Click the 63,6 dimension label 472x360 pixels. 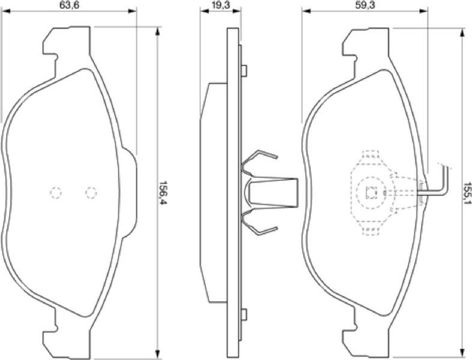69,5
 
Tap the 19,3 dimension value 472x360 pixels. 220,5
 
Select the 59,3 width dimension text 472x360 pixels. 365,5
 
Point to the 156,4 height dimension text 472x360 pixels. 163,193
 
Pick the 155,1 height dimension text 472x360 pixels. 467,193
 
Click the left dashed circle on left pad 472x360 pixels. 56,193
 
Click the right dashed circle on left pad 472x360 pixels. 91,193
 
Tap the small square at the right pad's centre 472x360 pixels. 371,193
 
